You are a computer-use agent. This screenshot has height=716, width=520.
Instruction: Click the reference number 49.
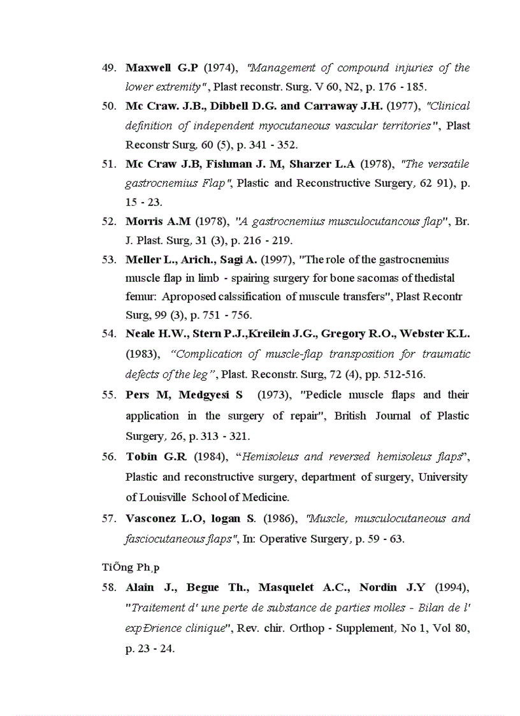pos(108,68)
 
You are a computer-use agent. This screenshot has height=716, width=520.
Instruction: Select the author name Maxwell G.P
pos(162,68)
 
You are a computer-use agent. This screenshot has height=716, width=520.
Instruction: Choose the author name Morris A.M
pos(158,221)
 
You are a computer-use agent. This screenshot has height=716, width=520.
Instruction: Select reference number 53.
pos(108,259)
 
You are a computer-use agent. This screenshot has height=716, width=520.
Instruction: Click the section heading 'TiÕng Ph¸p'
pos(131,566)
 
